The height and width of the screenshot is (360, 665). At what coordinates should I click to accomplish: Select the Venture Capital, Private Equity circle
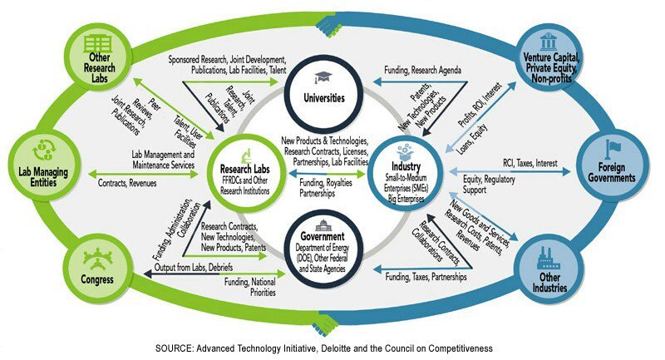(x=551, y=57)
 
